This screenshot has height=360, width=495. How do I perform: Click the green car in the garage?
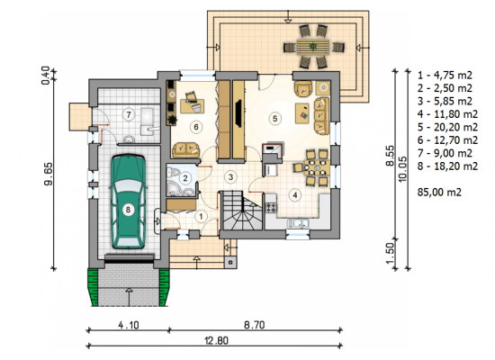tap(128, 202)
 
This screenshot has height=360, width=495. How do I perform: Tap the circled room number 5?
tap(275, 119)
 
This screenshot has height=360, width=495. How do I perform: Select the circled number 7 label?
tap(129, 114)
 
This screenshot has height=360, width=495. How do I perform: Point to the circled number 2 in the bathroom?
tap(185, 178)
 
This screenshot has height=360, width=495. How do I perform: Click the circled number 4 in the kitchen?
tap(295, 195)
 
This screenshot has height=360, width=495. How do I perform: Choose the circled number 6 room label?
tap(196, 127)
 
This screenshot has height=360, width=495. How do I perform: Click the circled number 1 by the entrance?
tap(201, 217)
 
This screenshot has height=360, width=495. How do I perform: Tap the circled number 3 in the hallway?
tap(230, 176)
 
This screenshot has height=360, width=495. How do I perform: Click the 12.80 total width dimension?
tap(216, 341)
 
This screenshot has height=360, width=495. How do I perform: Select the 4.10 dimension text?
tap(129, 325)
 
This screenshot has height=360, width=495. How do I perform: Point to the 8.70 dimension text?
tap(255, 325)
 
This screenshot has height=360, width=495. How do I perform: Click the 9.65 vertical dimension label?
tap(49, 174)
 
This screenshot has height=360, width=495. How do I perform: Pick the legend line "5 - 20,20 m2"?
tap(447, 127)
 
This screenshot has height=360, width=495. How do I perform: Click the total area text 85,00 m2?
tap(439, 192)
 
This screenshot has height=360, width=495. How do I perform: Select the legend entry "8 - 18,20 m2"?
tap(447, 166)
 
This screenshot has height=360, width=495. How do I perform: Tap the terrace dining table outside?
tap(313, 47)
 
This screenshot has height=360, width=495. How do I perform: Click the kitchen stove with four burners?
tap(272, 208)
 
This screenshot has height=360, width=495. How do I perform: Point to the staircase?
tap(241, 210)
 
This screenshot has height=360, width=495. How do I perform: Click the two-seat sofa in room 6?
tap(186, 150)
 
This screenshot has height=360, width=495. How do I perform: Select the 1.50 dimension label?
tap(391, 253)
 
